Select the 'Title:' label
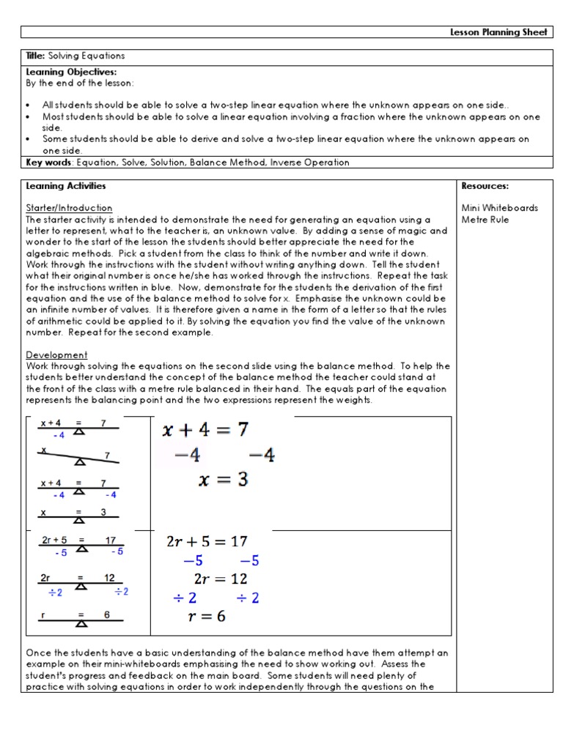tap(36, 56)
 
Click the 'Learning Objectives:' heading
tap(61, 72)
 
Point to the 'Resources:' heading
tap(485, 186)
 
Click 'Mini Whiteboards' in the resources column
tap(499, 208)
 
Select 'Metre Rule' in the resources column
tap(485, 219)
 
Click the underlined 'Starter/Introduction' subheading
tap(69, 208)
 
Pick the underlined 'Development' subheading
tap(56, 354)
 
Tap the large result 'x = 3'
tap(223, 480)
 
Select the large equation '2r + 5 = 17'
tap(207, 541)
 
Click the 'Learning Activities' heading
tap(66, 186)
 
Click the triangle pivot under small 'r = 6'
tap(82, 623)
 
